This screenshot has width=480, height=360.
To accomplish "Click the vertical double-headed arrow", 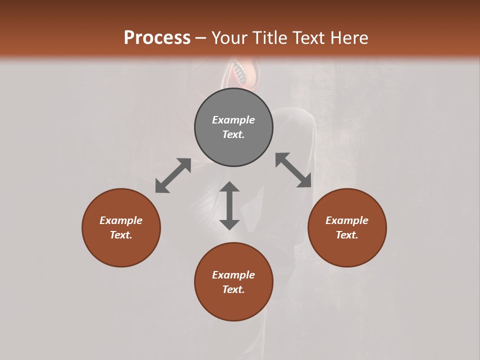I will [229, 205].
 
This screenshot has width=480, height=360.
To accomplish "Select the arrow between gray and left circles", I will [173, 175].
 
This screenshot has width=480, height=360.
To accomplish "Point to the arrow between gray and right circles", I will [293, 170].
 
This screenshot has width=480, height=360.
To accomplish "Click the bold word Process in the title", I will [157, 38].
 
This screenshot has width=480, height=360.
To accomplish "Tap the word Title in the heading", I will [271, 38].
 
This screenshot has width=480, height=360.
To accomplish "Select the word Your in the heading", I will [230, 38].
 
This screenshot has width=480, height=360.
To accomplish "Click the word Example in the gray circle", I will [233, 120].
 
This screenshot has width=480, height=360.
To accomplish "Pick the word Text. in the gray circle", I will [233, 134].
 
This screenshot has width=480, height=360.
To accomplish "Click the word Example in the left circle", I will [121, 220].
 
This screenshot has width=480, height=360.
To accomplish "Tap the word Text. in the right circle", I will [347, 235].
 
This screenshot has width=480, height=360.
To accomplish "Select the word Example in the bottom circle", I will [233, 275].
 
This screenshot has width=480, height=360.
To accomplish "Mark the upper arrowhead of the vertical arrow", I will [229, 187].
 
